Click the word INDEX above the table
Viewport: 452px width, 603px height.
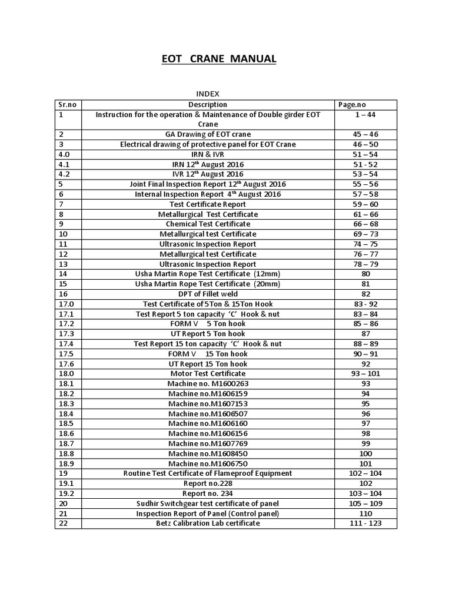[x=207, y=94]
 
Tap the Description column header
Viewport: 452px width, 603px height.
[x=208, y=104]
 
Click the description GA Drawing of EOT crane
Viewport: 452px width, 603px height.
[x=208, y=134]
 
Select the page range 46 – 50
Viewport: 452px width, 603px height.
[x=365, y=144]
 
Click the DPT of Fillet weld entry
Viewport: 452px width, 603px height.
[x=208, y=294]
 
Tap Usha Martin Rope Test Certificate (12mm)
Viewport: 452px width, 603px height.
[x=208, y=274]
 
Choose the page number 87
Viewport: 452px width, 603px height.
[x=365, y=334]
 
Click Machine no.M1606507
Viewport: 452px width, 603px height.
[x=208, y=413]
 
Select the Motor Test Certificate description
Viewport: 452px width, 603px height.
[x=208, y=373]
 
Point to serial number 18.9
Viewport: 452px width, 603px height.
[x=66, y=463]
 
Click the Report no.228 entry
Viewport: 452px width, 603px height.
[x=208, y=483]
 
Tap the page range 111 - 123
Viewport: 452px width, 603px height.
[x=365, y=523]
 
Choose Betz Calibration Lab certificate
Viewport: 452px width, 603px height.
[x=208, y=523]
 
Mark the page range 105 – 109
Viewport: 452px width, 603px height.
[x=365, y=503]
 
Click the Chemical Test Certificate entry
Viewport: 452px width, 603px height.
[x=208, y=224]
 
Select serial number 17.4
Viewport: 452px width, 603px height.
[x=66, y=344]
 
